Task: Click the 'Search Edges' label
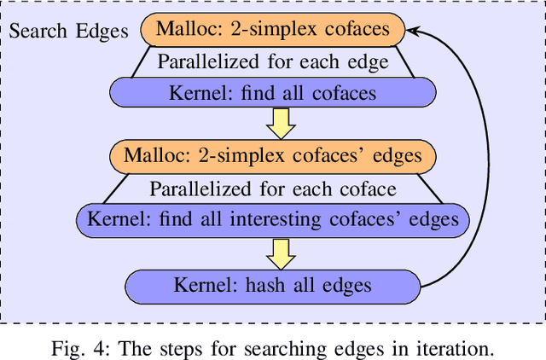tap(68, 32)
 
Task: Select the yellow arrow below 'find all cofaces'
tap(280, 124)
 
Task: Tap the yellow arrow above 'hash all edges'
tap(280, 251)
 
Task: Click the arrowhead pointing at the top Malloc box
tap(412, 32)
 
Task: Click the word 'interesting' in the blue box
tap(272, 219)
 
